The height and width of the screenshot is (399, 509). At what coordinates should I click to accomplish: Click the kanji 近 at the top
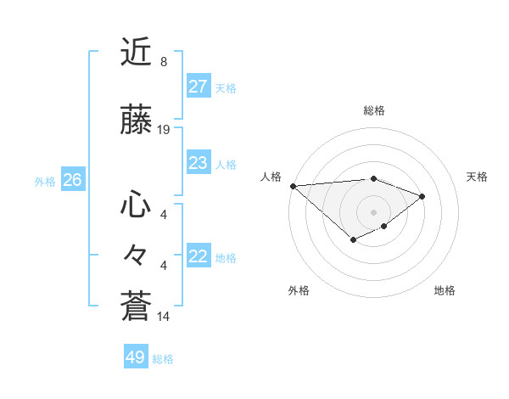136,52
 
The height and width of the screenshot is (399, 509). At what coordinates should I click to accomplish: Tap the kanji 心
136,205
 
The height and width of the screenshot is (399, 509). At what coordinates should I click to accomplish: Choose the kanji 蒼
136,306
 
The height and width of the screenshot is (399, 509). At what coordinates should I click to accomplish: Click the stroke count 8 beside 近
164,62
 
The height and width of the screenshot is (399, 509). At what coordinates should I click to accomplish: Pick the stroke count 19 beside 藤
164,130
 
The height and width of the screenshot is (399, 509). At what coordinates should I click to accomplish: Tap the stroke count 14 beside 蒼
164,317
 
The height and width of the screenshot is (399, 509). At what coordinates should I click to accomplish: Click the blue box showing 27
199,87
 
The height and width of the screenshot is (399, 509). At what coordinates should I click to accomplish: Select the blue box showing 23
199,163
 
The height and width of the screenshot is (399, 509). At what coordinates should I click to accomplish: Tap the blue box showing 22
199,256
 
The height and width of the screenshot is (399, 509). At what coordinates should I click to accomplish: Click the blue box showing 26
72,180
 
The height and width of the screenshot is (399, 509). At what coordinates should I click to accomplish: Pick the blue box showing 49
136,357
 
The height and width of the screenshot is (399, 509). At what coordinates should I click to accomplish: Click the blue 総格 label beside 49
163,359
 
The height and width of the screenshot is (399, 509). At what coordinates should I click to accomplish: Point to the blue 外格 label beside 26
45,181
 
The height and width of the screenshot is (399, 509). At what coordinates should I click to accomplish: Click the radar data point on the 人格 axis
293,186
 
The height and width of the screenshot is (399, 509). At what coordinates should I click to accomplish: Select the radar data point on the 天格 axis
422,196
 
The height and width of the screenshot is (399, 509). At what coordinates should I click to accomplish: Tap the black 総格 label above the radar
373,110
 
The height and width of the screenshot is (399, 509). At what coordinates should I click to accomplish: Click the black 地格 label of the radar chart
445,290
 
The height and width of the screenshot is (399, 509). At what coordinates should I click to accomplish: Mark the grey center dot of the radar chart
373,211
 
